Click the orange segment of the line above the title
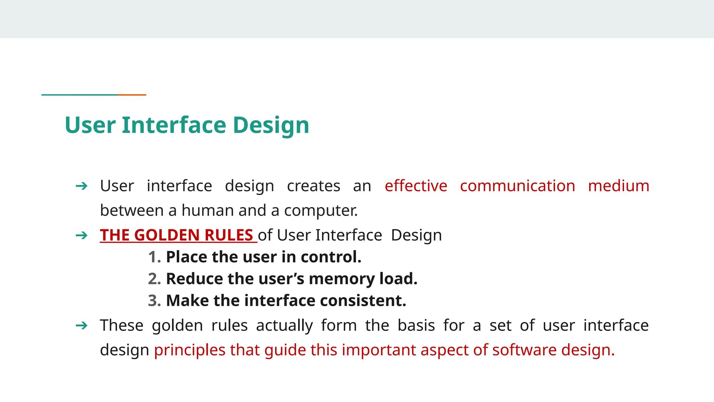coord(132,95)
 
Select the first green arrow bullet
coord(82,186)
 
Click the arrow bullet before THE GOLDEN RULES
coord(82,236)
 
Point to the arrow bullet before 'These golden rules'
coord(82,326)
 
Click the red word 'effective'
coord(416,186)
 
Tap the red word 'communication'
coord(517,186)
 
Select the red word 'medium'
coord(618,186)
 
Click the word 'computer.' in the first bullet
coord(321,210)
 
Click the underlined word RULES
coord(228,235)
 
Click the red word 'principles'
coord(190,350)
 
